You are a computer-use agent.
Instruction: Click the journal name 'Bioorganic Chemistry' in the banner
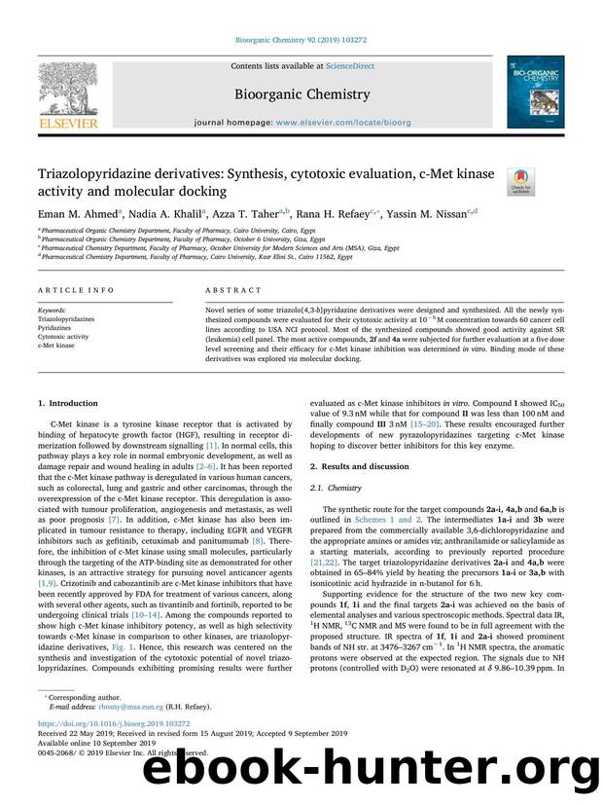pyautogui.click(x=301, y=94)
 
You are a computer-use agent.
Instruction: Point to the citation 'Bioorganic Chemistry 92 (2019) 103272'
pyautogui.click(x=301, y=41)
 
